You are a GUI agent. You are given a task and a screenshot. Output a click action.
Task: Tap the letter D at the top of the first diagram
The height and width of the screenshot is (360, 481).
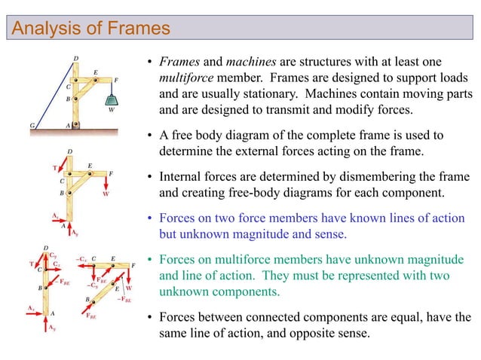point(75,58)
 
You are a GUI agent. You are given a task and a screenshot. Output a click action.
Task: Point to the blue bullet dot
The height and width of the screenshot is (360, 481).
point(152,218)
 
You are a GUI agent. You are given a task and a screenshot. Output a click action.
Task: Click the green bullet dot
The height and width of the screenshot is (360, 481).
point(152,260)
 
